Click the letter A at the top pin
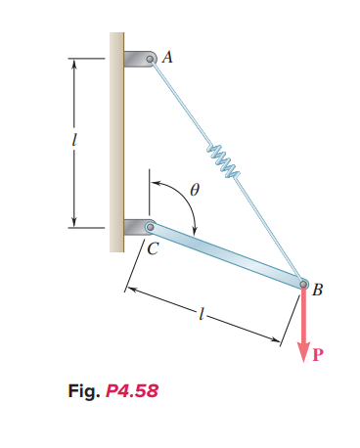coord(167,57)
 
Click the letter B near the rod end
coord(316,289)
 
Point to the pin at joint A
coord(152,60)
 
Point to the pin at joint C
coord(150,227)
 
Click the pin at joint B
coord(302,284)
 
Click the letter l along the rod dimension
coord(201,316)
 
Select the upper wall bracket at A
coord(136,58)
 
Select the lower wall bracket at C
coord(134,227)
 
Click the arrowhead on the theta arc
coord(196,231)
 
